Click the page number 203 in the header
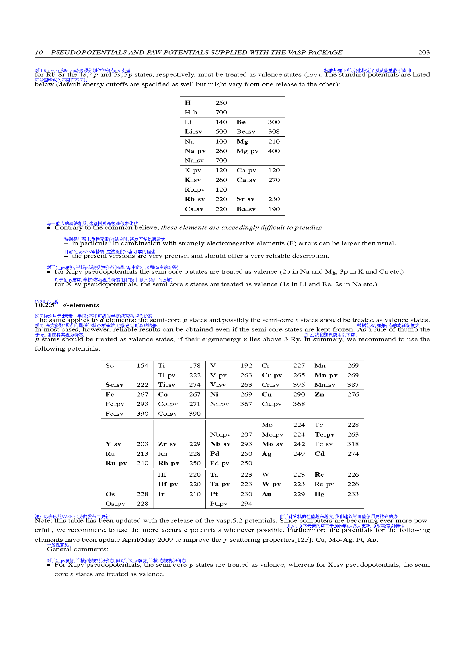point(424,52)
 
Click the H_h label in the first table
point(191,112)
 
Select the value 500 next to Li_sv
point(221,131)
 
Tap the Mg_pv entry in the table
point(247,151)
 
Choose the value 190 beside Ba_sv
point(274,209)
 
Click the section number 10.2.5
point(44,305)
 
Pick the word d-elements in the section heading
point(81,305)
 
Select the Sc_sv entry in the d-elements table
point(114,385)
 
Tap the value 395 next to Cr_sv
point(299,385)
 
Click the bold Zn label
point(319,394)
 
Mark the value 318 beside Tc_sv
point(353,444)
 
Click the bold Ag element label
point(266,454)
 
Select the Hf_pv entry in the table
point(168,484)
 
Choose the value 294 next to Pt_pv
point(246,504)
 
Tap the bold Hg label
point(319,494)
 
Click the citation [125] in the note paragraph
point(303,540)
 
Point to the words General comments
point(77,549)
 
